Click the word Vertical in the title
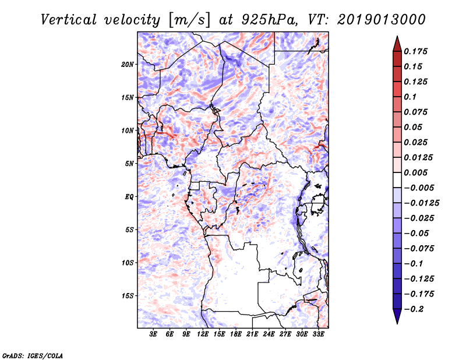click(69, 20)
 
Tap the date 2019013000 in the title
click(382, 20)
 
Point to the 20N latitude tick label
click(128, 65)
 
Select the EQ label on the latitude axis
click(129, 197)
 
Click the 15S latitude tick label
click(128, 296)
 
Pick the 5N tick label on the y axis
click(129, 164)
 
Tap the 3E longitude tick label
click(153, 334)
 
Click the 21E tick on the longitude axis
click(252, 334)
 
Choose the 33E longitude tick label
click(318, 334)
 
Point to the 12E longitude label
click(202, 334)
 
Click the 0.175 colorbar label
click(415, 51)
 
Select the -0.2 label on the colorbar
click(414, 309)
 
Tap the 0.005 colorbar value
click(415, 172)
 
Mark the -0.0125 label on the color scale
click(421, 203)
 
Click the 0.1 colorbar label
click(410, 97)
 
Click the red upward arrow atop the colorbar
click(397, 44)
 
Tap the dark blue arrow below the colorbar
click(397, 316)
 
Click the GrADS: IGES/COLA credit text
click(33, 356)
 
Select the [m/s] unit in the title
click(189, 20)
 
